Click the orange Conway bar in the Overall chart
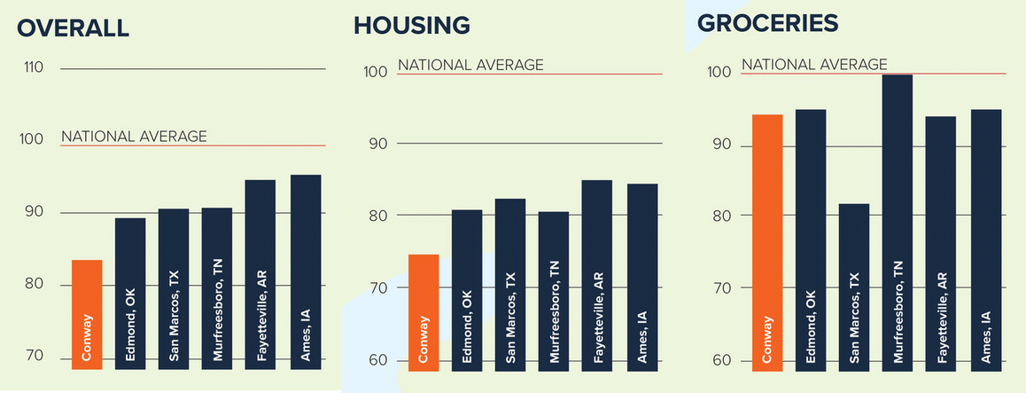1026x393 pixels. [87, 314]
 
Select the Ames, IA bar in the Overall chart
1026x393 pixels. [306, 271]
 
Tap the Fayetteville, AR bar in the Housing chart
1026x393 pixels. [597, 274]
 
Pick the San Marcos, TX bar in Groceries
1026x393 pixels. [854, 287]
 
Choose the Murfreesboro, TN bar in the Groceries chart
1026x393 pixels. [898, 222]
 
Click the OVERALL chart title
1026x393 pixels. [74, 28]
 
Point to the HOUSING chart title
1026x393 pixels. [411, 26]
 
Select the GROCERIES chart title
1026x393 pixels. [766, 23]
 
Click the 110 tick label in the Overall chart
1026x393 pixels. [35, 68]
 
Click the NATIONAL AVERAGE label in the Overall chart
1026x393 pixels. [134, 137]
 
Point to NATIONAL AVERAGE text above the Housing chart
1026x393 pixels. [470, 65]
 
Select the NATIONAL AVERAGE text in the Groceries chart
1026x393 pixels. [813, 65]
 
